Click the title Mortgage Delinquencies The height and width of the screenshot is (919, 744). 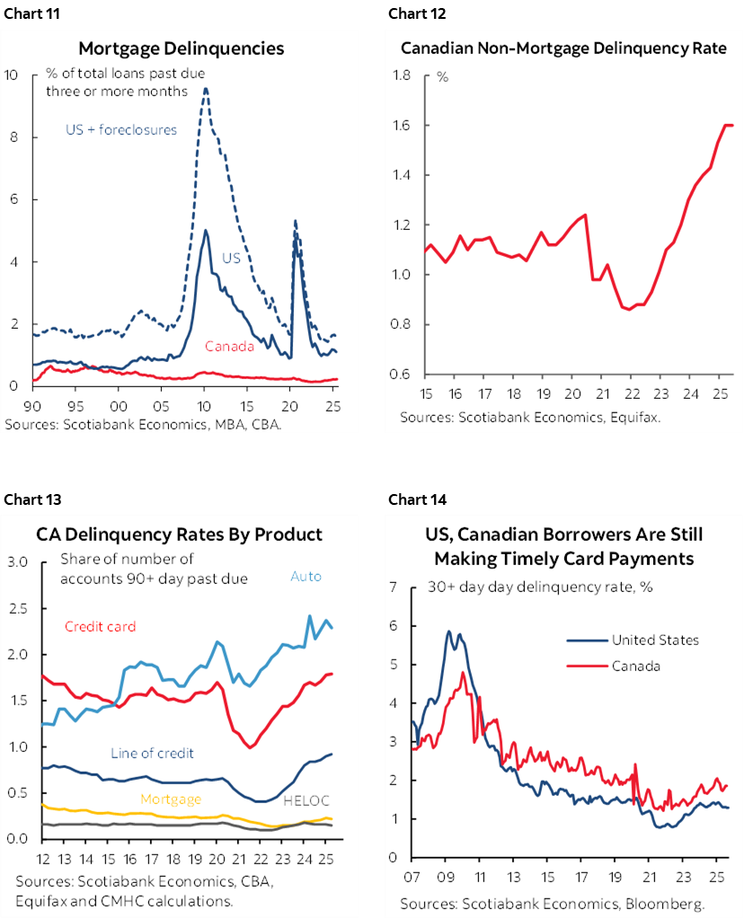[181, 49]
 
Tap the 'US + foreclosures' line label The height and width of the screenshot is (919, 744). [121, 129]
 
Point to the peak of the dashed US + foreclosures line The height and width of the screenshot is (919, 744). [206, 89]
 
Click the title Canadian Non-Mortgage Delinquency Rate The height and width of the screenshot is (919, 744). [563, 49]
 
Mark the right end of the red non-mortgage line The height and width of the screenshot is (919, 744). [732, 125]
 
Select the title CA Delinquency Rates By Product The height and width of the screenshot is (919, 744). [179, 535]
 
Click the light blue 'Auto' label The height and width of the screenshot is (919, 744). [306, 577]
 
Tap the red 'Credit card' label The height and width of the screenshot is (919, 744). [100, 626]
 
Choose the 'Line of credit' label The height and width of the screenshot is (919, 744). [152, 753]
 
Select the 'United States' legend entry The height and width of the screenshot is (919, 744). [654, 641]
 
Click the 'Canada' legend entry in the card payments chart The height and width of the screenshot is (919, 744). [636, 666]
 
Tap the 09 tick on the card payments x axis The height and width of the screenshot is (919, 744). [447, 877]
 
